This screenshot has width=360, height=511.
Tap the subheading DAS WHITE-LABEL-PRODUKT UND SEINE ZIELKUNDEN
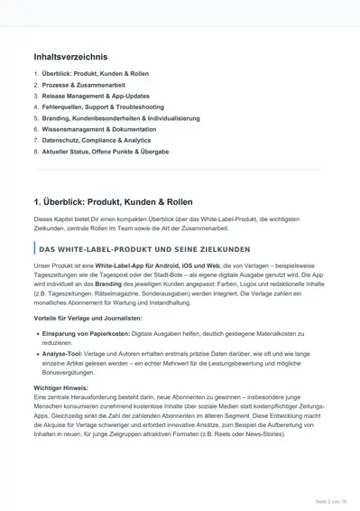(139, 248)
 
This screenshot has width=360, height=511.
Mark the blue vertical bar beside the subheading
(33, 248)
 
